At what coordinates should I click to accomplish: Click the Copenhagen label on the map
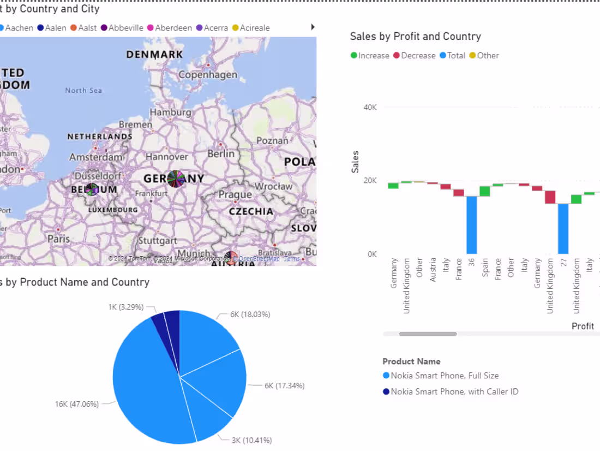208,75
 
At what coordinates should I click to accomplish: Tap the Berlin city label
221,153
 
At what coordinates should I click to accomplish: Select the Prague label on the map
235,195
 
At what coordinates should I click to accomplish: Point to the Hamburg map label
171,112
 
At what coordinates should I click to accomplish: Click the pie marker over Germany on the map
176,179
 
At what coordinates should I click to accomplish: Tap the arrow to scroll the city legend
313,27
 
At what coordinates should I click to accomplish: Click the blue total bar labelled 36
471,225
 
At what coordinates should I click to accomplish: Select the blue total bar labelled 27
563,229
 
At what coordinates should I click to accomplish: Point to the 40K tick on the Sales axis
370,108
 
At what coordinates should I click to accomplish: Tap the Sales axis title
356,162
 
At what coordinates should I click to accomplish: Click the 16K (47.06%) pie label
76,404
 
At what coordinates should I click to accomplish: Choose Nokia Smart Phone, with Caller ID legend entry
454,391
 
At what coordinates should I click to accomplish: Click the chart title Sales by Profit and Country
415,37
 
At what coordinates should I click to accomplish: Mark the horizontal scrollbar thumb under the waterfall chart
428,334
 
